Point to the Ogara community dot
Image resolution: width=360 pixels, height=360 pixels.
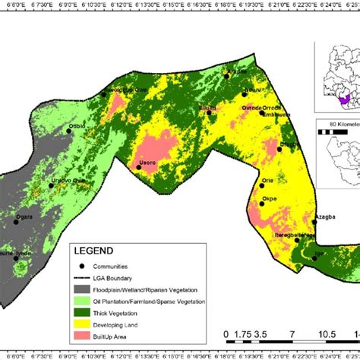[16, 222]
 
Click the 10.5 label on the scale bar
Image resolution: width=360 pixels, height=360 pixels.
[326, 334]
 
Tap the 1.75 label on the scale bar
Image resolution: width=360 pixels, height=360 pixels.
[243, 334]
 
